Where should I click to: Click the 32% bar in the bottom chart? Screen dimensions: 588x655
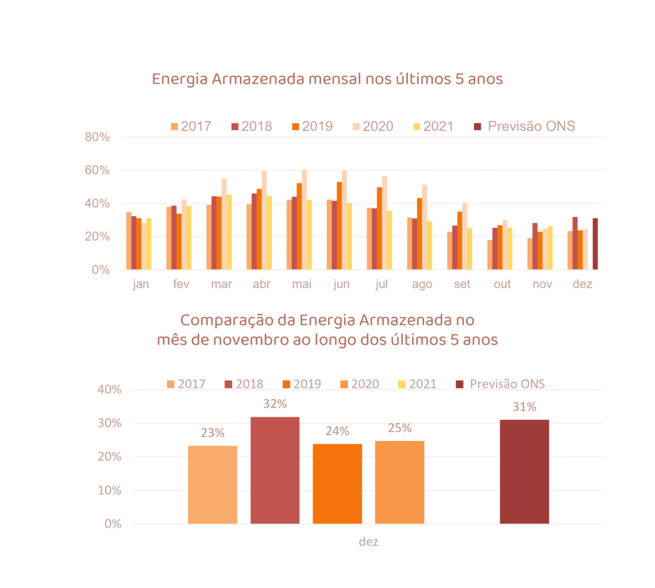pos(274,470)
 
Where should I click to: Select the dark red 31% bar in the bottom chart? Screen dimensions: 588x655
pos(524,472)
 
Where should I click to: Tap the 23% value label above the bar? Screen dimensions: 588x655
pos(212,433)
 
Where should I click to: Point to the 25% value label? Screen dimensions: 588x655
pos(399,428)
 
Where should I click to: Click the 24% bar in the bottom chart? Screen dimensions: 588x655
pos(337,484)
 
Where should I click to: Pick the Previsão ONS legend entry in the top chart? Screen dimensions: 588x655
pos(525,126)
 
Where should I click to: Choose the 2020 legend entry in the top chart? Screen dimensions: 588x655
pos(371,126)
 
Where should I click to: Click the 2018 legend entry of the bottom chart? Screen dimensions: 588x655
pos(243,384)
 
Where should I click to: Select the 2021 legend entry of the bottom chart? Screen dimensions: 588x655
pos(416,384)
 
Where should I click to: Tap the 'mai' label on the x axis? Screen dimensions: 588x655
pos(301,284)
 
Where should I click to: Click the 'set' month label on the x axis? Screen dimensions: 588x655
pos(462,284)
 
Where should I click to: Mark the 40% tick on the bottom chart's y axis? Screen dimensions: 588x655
pos(109,390)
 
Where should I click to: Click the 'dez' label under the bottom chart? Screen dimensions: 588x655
pos(368,542)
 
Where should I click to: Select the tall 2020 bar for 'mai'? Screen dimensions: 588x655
pos(304,219)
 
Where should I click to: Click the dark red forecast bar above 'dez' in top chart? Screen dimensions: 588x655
pos(595,244)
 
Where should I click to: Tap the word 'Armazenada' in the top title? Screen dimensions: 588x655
pos(258,79)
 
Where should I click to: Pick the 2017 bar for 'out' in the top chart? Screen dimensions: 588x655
pos(490,255)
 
